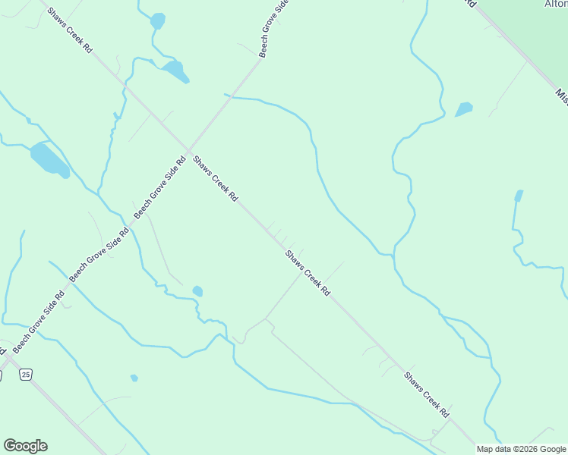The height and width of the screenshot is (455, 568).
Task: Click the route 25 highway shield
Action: (x=27, y=375)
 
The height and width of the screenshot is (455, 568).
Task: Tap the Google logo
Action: (x=25, y=446)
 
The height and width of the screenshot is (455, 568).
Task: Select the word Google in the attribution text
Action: (x=553, y=449)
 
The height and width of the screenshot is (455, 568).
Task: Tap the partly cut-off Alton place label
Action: (x=555, y=4)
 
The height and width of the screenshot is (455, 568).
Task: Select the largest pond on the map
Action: (x=49, y=159)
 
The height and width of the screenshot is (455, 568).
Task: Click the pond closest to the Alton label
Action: (x=463, y=109)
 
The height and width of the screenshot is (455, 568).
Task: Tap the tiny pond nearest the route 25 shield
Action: (x=134, y=378)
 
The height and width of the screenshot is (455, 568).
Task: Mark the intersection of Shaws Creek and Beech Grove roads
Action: (x=188, y=149)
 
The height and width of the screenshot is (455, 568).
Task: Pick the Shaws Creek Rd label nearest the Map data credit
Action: (x=426, y=395)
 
